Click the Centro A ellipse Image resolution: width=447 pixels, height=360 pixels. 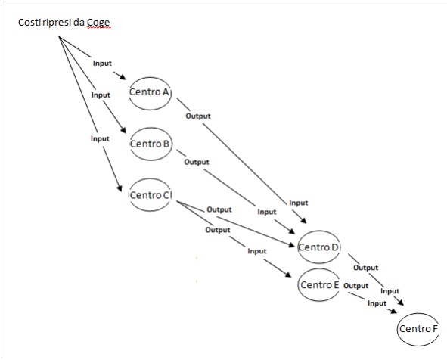point(151,78)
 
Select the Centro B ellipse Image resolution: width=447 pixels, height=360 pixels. point(151,128)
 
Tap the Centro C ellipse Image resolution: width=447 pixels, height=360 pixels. point(150,178)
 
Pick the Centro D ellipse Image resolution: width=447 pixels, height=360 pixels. point(318,231)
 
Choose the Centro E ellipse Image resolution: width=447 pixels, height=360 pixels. point(319,268)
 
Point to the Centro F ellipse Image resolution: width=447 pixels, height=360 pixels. point(418,314)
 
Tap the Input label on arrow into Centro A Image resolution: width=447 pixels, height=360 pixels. point(102,64)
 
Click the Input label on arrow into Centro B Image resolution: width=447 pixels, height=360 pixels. point(101,95)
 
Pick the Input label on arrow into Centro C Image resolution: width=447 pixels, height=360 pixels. point(100,139)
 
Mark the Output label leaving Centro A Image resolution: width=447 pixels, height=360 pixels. point(198,116)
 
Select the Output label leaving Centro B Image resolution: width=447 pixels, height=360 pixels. point(197,162)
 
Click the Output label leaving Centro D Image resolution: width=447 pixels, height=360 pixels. point(366,268)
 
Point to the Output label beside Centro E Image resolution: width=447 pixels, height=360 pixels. point(356,286)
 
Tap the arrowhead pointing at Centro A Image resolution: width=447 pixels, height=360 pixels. point(123,77)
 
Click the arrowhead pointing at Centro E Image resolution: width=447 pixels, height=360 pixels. point(288,275)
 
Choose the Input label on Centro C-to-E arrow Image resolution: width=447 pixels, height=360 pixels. point(257,251)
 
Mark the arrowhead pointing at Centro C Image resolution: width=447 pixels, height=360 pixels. point(120,188)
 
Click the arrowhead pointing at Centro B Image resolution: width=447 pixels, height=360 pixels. point(123,129)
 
